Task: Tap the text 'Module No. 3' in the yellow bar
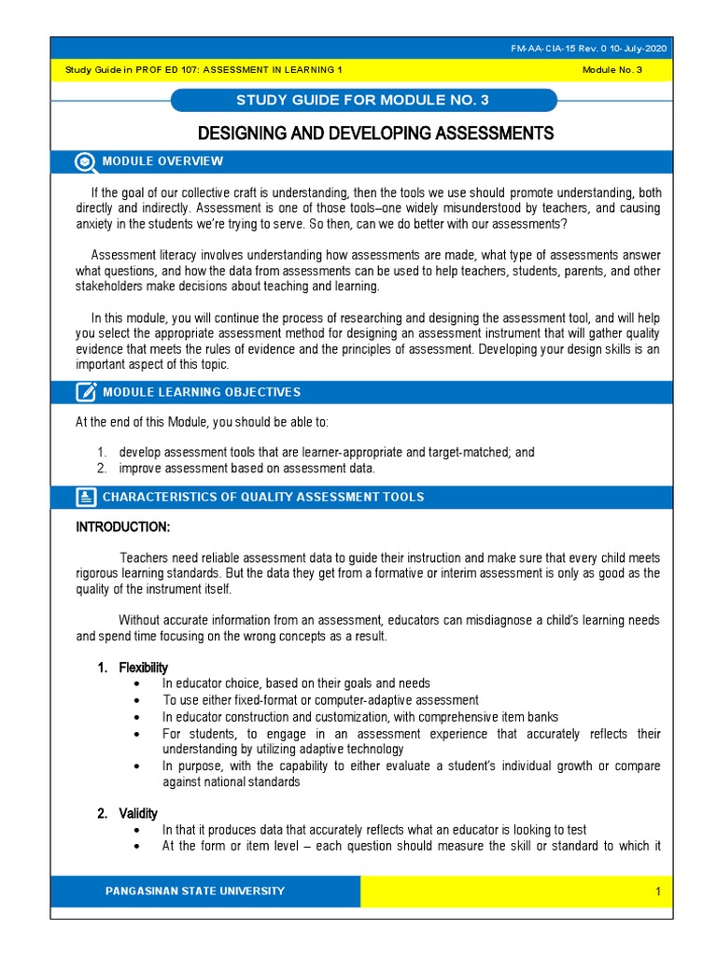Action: tap(612, 70)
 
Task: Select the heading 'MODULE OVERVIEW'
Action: tap(162, 162)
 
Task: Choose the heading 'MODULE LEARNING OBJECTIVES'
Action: tap(201, 392)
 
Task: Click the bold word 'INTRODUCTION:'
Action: tap(122, 527)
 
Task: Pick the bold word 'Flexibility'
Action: tap(143, 668)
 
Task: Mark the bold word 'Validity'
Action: tap(138, 814)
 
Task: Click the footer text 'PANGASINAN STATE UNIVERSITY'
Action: tap(195, 892)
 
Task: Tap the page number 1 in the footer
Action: tap(657, 893)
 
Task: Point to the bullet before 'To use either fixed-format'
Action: tap(138, 700)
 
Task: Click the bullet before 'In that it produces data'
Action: tap(138, 831)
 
